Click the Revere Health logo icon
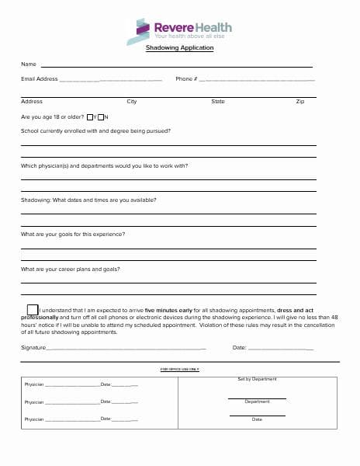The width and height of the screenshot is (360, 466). click(x=138, y=31)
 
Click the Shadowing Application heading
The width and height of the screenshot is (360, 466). click(x=179, y=48)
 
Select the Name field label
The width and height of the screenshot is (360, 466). click(x=29, y=64)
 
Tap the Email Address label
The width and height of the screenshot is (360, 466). click(x=40, y=79)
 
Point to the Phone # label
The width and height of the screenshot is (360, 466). click(x=186, y=79)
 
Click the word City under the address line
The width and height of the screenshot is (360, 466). click(x=132, y=102)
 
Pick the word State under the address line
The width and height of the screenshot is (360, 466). click(x=218, y=102)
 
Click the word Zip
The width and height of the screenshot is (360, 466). click(x=300, y=102)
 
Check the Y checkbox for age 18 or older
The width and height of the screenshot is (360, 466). click(x=90, y=117)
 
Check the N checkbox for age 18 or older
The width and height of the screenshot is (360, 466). click(x=101, y=117)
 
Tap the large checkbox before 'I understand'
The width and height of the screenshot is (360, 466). click(x=32, y=310)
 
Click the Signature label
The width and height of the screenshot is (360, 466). click(x=33, y=347)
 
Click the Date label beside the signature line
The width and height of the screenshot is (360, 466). click(x=239, y=347)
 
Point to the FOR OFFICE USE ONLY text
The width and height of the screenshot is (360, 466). click(x=179, y=370)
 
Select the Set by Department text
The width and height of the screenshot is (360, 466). click(x=257, y=379)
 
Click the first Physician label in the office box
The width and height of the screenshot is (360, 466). click(x=34, y=384)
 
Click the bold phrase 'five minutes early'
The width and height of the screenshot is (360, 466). click(x=169, y=310)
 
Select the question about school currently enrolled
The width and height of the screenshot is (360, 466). click(x=95, y=131)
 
